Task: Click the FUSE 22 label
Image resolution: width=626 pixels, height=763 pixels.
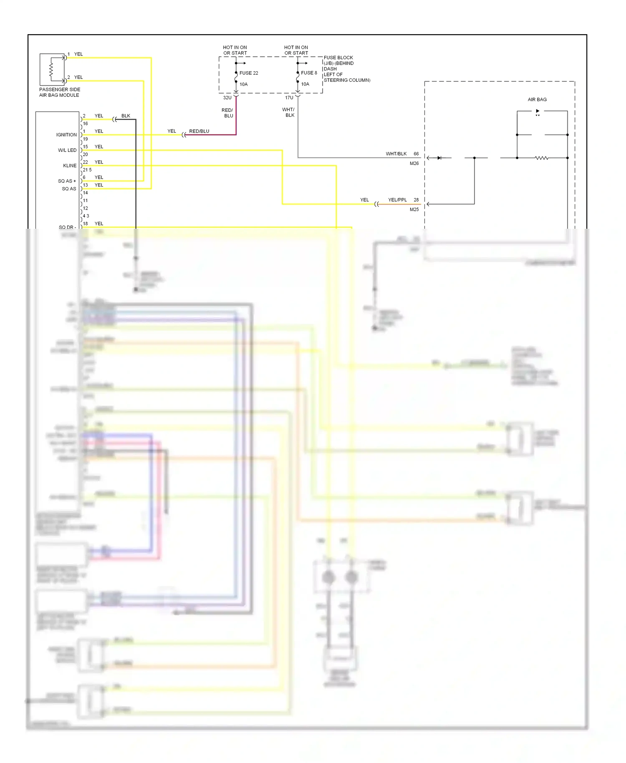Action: point(249,73)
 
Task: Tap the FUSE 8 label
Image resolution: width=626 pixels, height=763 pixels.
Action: point(309,73)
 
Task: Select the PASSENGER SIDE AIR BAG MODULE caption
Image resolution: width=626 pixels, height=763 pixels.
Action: point(60,92)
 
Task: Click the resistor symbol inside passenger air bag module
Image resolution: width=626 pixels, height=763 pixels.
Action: point(51,70)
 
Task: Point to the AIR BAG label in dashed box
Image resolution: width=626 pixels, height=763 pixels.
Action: point(537,99)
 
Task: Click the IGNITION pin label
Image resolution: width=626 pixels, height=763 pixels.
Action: point(66,135)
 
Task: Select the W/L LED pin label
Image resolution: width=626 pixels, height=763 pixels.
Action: point(67,150)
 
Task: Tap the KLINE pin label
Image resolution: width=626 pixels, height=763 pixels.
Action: point(70,166)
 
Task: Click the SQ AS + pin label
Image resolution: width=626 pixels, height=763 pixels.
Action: point(67,181)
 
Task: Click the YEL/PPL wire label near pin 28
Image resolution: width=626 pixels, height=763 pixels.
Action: point(397,200)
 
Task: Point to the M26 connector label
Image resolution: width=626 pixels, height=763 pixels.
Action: point(414,164)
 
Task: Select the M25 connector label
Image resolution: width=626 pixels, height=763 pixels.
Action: point(414,210)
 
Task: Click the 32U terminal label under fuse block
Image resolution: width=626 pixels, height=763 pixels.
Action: point(227,98)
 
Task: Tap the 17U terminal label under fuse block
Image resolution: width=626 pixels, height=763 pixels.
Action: point(289,98)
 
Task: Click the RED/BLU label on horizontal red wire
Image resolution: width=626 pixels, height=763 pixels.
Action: point(199,131)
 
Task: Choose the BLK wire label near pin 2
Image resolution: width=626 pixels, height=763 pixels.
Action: point(126,116)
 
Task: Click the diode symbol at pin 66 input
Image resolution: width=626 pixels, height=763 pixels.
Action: point(439,158)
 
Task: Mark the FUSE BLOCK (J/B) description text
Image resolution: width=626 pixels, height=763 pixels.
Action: point(346,69)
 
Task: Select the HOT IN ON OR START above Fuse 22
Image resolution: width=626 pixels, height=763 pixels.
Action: point(235,50)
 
